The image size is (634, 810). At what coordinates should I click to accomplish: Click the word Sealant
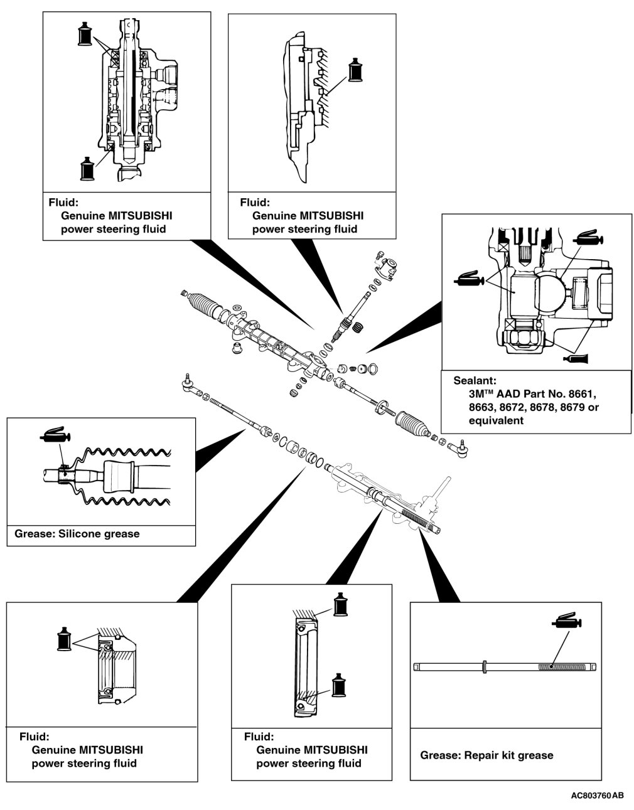[x=475, y=380]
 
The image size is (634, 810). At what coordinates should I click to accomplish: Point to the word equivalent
[x=496, y=420]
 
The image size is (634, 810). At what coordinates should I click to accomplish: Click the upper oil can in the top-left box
[x=87, y=34]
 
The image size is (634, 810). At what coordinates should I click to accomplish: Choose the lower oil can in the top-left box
[x=87, y=168]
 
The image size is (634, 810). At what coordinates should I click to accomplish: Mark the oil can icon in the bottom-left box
[x=64, y=639]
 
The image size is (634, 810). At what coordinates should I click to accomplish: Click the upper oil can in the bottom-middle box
[x=340, y=604]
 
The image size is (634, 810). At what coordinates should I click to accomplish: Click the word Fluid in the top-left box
[x=63, y=203]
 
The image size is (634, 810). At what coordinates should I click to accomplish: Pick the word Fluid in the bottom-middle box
[x=259, y=737]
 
